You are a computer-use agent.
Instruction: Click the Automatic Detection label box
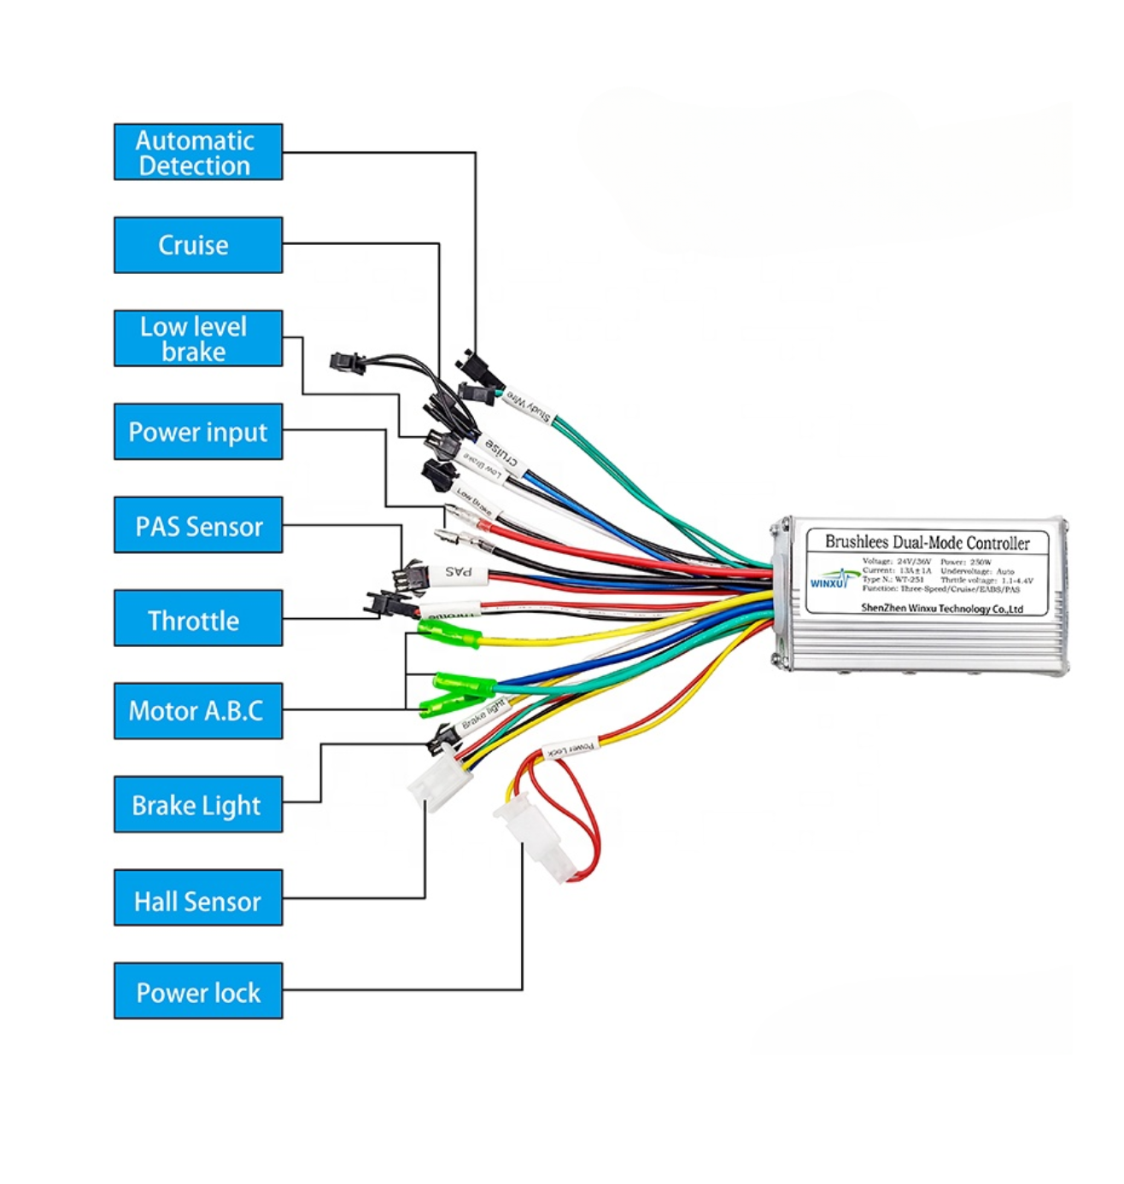198,152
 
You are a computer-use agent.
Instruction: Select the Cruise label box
198,245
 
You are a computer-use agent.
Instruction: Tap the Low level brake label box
198,338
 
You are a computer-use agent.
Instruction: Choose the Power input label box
198,432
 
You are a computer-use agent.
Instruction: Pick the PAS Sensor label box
198,525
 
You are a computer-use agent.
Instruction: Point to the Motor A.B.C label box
198,711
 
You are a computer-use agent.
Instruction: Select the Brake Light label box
198,804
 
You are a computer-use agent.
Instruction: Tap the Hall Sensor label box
198,898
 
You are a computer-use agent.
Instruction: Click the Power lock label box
198,991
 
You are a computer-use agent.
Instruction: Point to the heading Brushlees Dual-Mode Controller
927,542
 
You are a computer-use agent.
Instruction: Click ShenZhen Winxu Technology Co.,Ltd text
941,609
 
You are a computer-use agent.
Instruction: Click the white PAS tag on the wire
460,572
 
